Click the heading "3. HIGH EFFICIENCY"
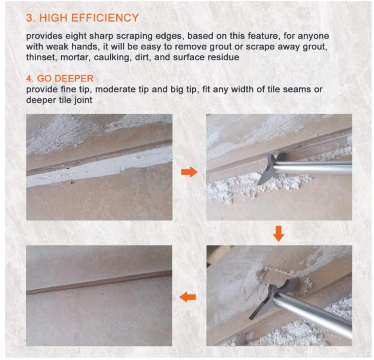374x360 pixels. click(82, 18)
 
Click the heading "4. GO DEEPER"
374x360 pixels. click(60, 78)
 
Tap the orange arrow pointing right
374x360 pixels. click(189, 171)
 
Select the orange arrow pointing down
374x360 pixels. click(278, 234)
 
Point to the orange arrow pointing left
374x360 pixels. click(189, 296)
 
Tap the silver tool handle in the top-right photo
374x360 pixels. click(316, 168)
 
